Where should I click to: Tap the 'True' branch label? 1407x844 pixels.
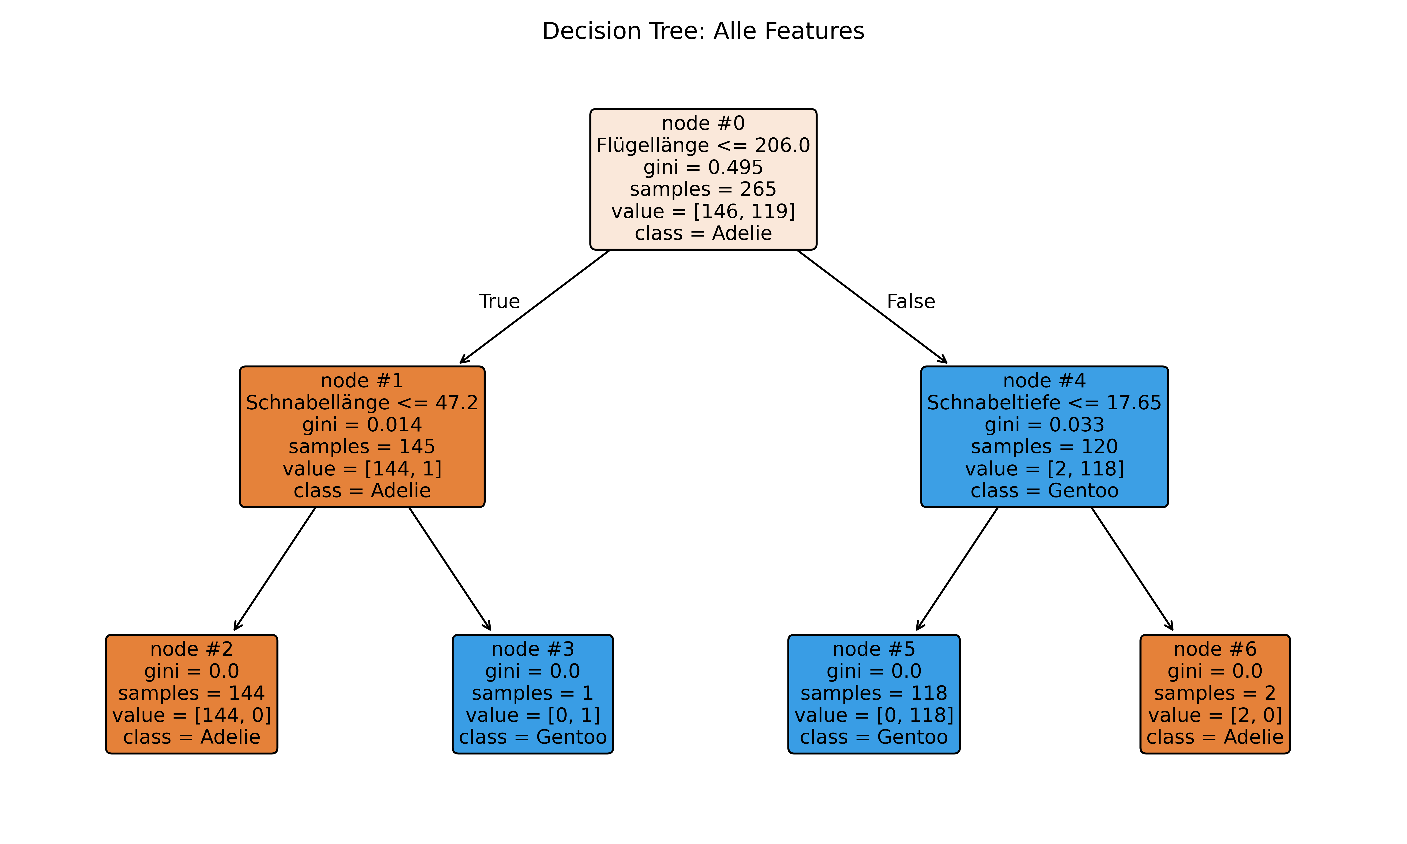[x=499, y=301]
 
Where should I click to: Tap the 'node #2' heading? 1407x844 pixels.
[x=192, y=649]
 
